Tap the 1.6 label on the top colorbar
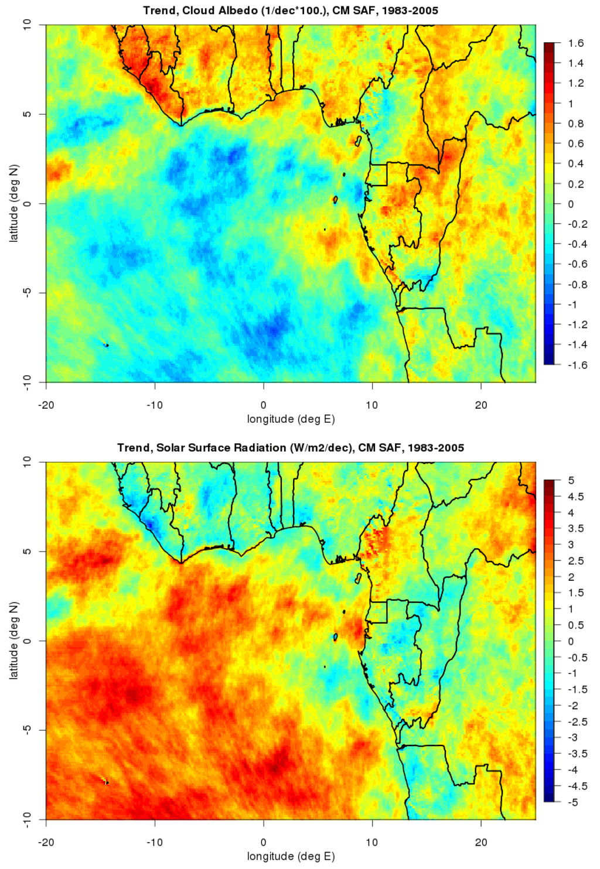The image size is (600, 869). (x=575, y=43)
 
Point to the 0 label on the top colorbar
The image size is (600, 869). (x=571, y=204)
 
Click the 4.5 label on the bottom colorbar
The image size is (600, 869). (x=575, y=497)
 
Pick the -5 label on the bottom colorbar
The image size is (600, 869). (x=572, y=802)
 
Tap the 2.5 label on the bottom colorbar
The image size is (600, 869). (x=575, y=561)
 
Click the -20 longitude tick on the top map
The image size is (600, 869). (x=46, y=405)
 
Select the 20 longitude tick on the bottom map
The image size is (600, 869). (x=481, y=842)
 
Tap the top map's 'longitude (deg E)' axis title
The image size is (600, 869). (x=291, y=419)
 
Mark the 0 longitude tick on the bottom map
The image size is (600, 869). (x=264, y=842)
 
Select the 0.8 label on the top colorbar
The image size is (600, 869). (x=575, y=124)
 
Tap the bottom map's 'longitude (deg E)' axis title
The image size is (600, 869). (x=291, y=857)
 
